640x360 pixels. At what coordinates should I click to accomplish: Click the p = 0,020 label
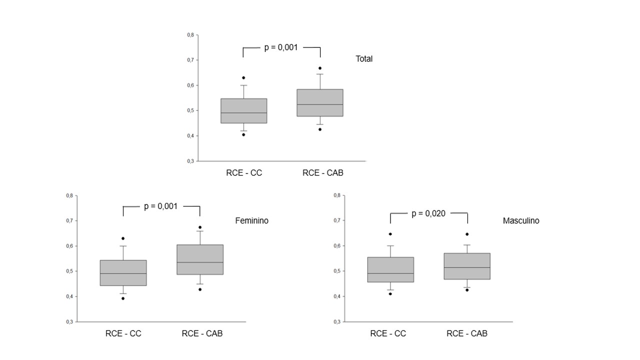coord(428,213)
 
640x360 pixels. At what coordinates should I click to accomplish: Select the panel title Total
coord(364,58)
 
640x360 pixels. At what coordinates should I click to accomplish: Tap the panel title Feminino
coord(251,220)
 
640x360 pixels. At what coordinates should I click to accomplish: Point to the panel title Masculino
coord(521,220)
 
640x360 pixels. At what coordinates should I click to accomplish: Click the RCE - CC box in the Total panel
coord(244,110)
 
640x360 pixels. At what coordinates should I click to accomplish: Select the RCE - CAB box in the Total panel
coord(320,102)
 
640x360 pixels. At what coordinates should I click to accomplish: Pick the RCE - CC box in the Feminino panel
coord(123,272)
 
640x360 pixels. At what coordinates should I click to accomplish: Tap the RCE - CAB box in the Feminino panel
coord(200,259)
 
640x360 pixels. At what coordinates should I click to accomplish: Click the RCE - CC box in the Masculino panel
coord(390,269)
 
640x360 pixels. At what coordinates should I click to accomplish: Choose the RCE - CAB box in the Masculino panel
coord(467,266)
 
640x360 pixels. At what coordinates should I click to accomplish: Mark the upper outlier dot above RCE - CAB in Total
coord(320,68)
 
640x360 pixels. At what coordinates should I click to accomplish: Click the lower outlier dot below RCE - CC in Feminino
coord(123,298)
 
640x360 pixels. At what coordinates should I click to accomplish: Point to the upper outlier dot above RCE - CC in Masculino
coord(390,234)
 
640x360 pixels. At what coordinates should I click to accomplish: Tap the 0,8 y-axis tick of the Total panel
coord(190,35)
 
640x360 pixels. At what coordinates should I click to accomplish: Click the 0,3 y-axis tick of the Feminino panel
coord(69,321)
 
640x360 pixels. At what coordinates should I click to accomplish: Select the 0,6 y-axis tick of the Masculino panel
coord(337,245)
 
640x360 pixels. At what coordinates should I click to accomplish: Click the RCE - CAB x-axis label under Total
coord(322,173)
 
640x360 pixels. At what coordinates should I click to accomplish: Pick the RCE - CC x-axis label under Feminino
coord(123,333)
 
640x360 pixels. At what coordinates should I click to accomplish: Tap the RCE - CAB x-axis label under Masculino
coord(467,333)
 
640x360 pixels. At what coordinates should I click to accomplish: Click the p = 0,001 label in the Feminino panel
coord(160,206)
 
